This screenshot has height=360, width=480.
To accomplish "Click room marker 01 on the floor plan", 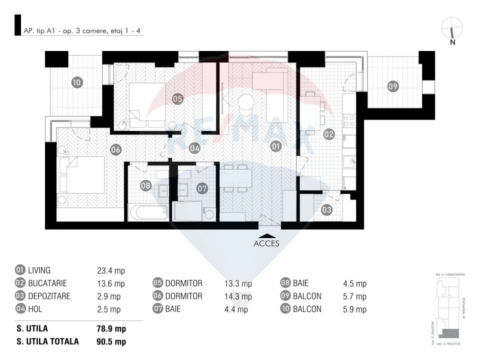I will point(275,146).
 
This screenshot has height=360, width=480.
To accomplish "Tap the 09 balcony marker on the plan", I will point(393,86).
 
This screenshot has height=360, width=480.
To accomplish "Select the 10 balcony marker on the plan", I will point(76,83).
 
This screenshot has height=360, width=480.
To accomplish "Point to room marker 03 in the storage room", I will point(326,210).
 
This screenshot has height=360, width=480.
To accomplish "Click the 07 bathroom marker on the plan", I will point(201,188).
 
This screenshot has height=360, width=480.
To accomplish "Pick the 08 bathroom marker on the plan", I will point(145,185).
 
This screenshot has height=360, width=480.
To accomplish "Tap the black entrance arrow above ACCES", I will point(266,234).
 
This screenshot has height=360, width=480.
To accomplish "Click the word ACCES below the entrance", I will point(266,243).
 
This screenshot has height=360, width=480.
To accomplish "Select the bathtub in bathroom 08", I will point(148,212).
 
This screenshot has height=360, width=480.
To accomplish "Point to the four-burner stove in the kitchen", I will point(349,121).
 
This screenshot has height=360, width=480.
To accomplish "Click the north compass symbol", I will point(452,29).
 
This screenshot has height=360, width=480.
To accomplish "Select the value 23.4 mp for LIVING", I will point(110,271).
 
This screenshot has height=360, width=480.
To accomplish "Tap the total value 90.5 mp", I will point(110,342).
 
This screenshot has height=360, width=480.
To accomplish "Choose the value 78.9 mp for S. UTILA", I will point(110,329).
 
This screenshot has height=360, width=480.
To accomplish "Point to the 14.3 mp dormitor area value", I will point(238,296).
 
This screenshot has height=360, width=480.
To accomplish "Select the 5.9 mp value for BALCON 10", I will point(354,309).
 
